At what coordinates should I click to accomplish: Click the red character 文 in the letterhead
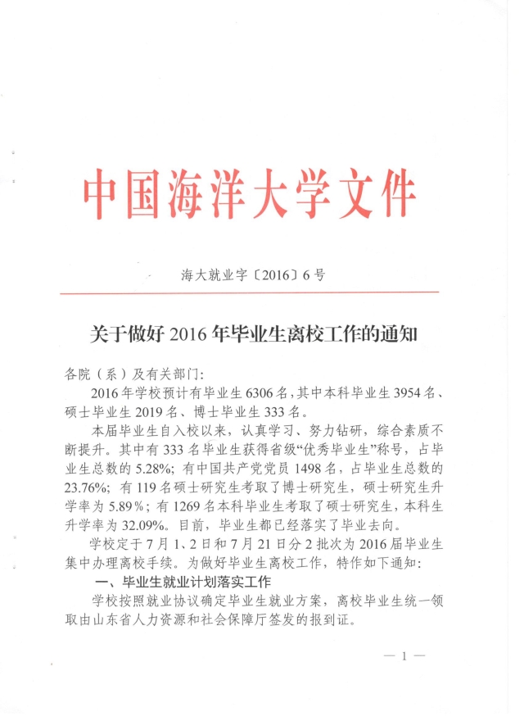(x=338, y=195)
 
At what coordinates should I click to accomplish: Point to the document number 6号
(x=313, y=275)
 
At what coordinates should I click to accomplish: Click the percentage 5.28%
(x=135, y=469)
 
